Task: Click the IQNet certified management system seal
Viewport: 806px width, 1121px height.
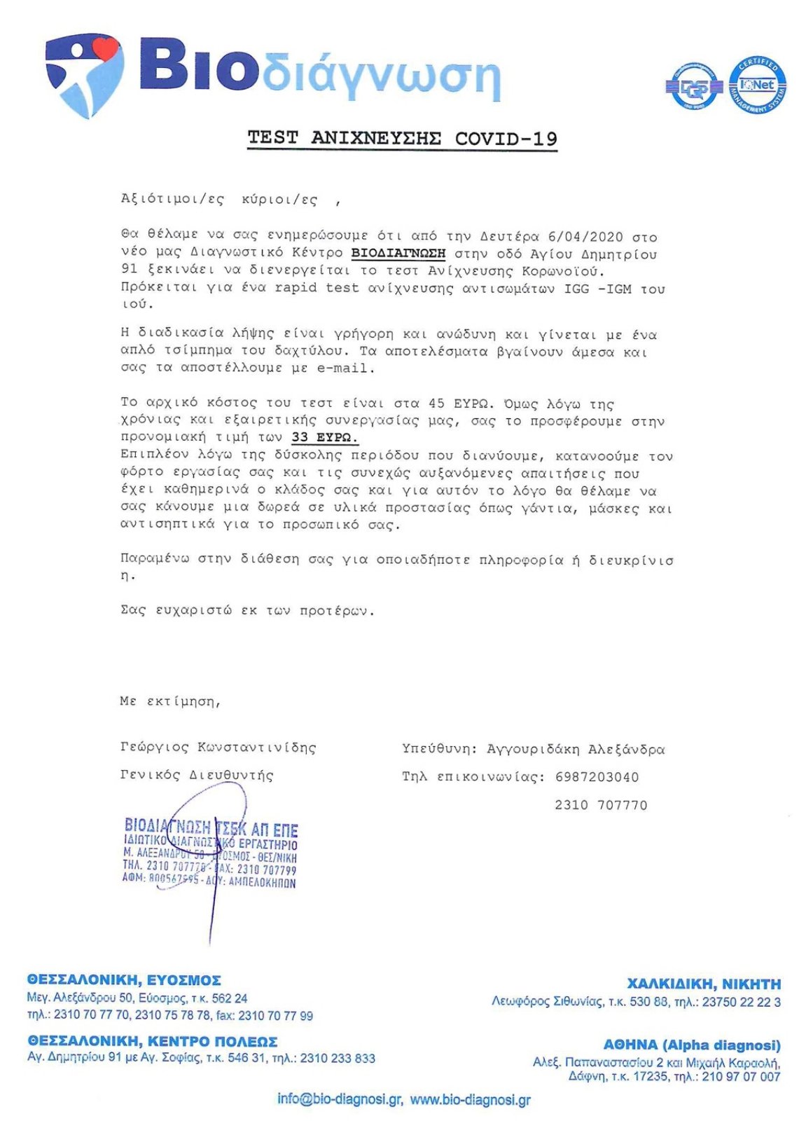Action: click(758, 85)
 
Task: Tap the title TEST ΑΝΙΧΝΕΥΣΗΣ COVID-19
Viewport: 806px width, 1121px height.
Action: click(402, 138)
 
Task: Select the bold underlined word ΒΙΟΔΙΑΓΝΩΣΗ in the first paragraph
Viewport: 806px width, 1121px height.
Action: click(398, 253)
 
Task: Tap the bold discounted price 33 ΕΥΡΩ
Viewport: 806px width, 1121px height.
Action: click(324, 438)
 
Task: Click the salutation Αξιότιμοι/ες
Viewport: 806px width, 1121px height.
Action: click(172, 200)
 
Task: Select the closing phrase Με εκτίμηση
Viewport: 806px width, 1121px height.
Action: click(170, 701)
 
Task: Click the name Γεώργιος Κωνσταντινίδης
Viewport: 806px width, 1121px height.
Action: click(218, 748)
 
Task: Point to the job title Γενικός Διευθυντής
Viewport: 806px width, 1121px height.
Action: click(197, 776)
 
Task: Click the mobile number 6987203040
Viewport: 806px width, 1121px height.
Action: click(597, 777)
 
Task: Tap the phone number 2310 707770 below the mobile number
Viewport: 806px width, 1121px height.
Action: click(601, 805)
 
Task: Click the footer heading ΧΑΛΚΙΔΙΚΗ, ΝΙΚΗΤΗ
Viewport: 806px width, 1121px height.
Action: click(704, 984)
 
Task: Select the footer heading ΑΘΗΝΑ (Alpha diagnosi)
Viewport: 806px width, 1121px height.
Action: click(692, 1045)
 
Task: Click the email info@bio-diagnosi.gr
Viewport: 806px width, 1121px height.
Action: click(340, 1099)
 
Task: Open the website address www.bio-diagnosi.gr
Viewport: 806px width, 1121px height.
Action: click(470, 1100)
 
